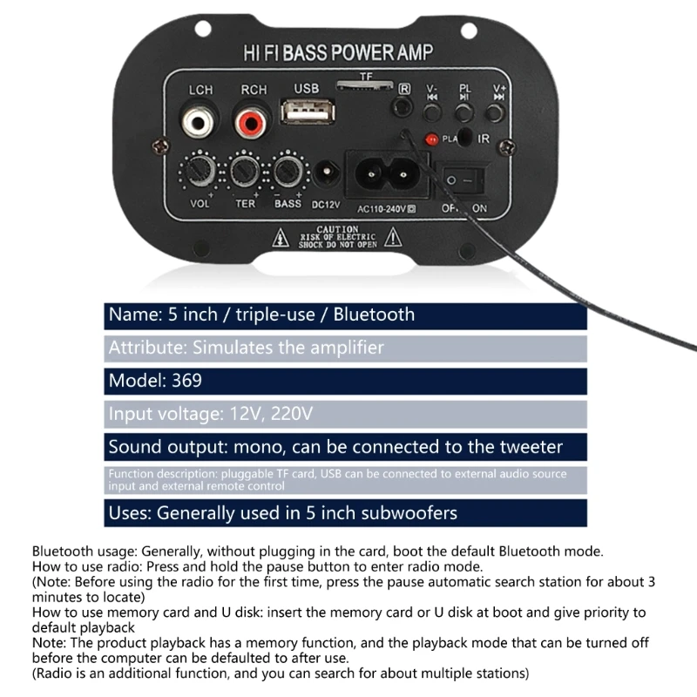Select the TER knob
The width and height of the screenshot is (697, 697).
click(245, 171)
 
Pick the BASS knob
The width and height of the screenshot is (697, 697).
click(288, 171)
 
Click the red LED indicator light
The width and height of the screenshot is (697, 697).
click(430, 139)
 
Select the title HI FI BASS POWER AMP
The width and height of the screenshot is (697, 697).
click(338, 53)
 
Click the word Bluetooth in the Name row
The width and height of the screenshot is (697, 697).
click(374, 315)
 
